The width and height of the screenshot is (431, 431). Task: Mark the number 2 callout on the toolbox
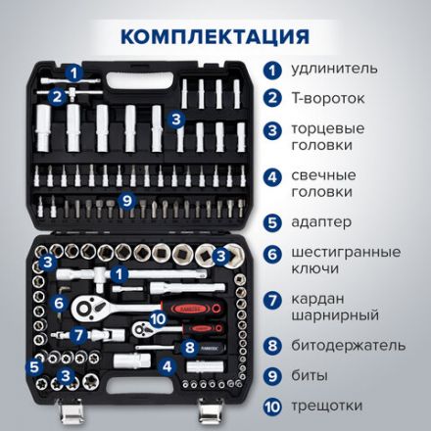point(58,95)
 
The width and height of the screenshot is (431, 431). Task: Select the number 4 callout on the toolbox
point(168,367)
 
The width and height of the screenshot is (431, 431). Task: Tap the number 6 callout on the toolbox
point(59,304)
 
